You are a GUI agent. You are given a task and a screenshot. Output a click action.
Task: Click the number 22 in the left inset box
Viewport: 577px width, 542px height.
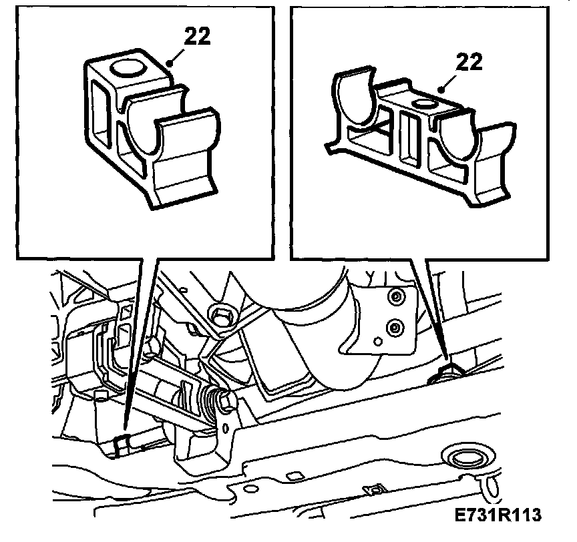coord(197,37)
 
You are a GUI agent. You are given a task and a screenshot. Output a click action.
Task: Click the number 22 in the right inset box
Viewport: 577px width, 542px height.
coord(469,62)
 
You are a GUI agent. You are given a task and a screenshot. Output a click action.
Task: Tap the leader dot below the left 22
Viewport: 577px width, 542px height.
coord(170,63)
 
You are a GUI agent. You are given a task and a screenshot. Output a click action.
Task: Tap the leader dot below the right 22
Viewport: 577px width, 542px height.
coord(441,89)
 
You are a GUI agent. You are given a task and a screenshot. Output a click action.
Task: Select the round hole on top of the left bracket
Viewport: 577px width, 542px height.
coord(128,67)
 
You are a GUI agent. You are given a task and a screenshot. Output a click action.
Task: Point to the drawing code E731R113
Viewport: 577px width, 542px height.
coord(498,515)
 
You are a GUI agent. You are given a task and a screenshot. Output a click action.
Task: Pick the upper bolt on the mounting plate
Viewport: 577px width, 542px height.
coord(395,297)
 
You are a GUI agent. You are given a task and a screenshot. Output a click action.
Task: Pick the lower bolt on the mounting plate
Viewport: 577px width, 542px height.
coord(395,326)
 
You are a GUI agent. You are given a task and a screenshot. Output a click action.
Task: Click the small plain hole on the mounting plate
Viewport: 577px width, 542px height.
coord(378,342)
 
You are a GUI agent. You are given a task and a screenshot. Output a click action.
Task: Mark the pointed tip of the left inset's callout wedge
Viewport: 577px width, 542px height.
coord(124,429)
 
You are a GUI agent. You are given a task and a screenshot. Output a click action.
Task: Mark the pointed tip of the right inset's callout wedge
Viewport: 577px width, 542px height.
coord(447,359)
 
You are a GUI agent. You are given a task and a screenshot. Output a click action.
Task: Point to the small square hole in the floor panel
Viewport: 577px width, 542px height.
coord(293,477)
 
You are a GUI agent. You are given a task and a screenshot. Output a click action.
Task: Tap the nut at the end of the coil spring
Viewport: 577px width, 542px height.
coord(226,400)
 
